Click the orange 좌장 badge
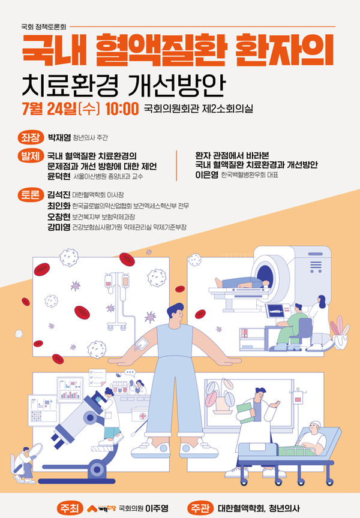[31, 137]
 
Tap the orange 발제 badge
[31, 156]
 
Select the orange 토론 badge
[31, 195]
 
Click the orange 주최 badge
[70, 508]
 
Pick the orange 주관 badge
[200, 508]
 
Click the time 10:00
[122, 109]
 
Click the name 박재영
[59, 137]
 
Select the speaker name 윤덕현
[59, 176]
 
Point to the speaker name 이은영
[206, 174]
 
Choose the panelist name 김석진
[59, 195]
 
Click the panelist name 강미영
[59, 227]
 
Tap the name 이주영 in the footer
[157, 508]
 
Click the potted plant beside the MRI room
[340, 332]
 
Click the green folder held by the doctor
[246, 413]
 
